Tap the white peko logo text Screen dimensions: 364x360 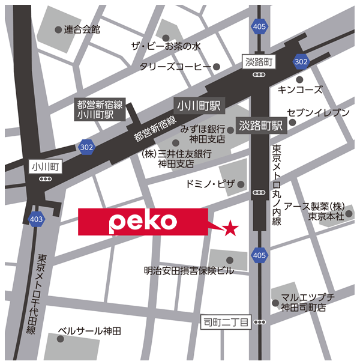click(135, 222)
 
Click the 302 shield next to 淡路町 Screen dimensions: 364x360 click(301, 61)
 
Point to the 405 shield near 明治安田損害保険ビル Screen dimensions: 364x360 click(259, 255)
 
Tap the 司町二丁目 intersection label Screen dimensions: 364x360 click(224, 323)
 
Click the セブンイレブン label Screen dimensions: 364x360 click(318, 113)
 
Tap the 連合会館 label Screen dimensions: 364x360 click(82, 29)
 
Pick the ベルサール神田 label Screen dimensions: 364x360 click(89, 331)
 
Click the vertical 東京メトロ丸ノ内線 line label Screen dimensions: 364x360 click(277, 184)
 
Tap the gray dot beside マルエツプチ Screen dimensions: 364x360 click(275, 303)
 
